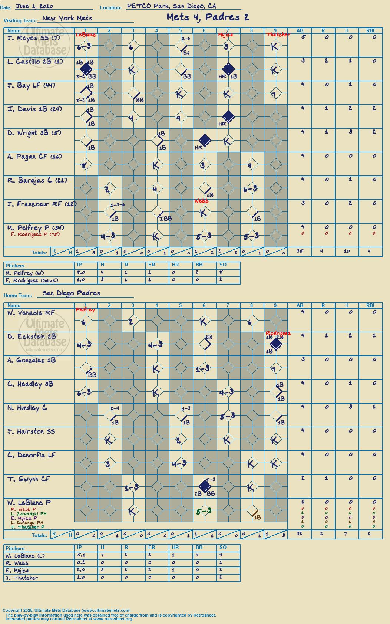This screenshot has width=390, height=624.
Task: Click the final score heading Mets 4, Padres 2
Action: point(208,17)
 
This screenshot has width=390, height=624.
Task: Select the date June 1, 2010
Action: point(34,6)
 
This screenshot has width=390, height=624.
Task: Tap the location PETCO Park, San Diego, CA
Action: point(171,6)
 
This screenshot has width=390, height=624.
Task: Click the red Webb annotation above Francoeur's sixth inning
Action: point(201,201)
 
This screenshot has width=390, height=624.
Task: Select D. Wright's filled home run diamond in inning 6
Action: point(205,140)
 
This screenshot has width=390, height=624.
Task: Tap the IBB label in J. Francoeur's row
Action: point(165,219)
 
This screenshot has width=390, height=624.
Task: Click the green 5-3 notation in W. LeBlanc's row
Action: point(204,511)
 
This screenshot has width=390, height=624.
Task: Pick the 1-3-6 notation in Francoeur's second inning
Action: point(118,205)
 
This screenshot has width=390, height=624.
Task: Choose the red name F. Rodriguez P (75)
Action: point(35,234)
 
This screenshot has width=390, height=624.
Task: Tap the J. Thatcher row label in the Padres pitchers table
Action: point(22,578)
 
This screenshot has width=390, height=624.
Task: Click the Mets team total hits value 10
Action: point(347,251)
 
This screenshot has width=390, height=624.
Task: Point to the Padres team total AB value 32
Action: point(300,533)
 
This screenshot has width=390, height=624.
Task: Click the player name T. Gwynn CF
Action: point(29,479)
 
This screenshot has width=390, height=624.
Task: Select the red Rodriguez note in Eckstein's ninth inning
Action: point(278,333)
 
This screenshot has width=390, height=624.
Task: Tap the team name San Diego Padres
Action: point(71,293)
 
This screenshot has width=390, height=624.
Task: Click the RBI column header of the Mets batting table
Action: point(370,31)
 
